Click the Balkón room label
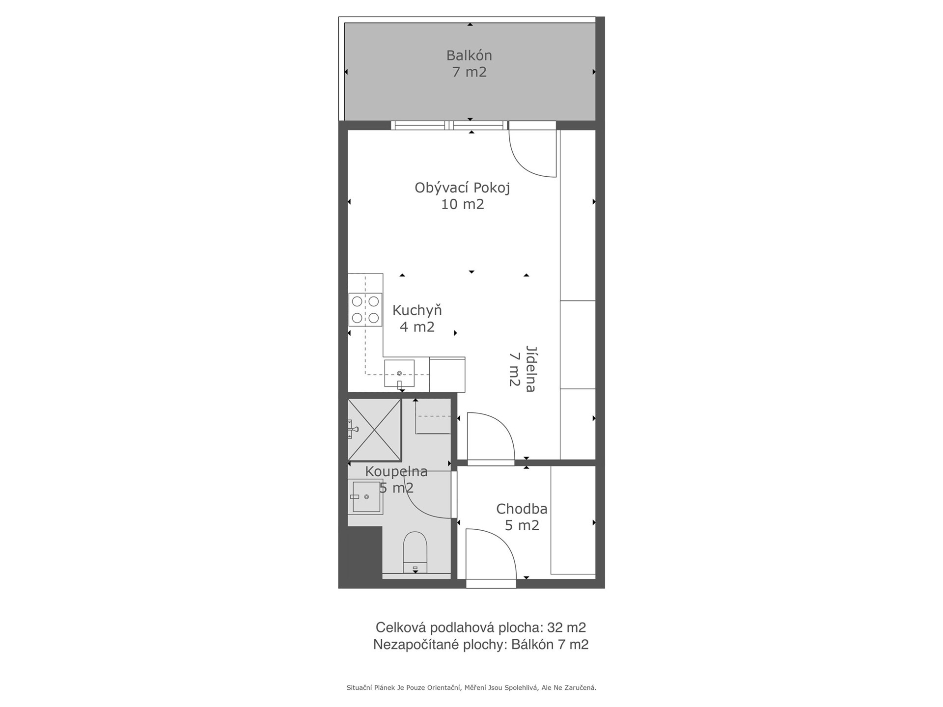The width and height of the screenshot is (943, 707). (x=469, y=55)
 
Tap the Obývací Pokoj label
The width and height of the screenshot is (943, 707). (x=462, y=188)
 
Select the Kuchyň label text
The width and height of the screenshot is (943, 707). (x=417, y=310)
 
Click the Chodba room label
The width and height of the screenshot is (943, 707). (x=522, y=509)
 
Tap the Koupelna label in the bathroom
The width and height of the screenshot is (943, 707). (x=396, y=471)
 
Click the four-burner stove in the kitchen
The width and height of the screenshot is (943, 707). (x=365, y=310)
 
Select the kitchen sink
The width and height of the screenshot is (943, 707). (x=399, y=374)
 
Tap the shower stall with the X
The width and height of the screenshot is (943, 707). (x=374, y=430)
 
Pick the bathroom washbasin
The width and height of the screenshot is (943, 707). (x=366, y=496)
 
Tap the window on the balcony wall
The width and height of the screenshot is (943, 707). (x=449, y=125)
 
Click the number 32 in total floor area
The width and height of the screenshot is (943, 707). (x=555, y=627)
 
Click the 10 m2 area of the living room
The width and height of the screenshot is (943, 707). (x=462, y=204)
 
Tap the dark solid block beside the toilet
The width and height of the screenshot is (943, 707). (x=365, y=553)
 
